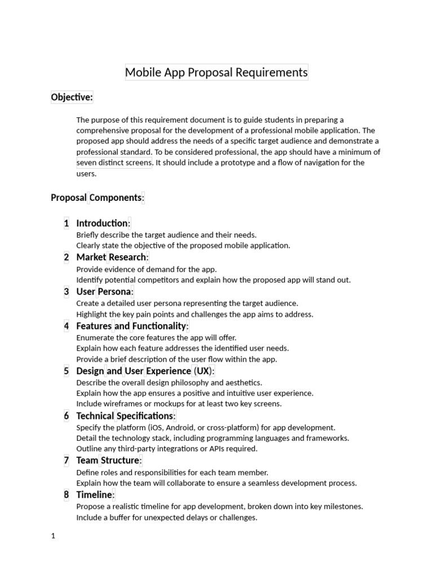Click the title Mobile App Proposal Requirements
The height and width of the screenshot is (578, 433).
pos(216,72)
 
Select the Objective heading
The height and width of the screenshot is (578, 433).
pos(72,97)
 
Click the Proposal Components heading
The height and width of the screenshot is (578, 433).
pos(98,198)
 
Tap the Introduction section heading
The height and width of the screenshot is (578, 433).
pos(103,223)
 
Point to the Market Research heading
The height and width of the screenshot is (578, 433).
pos(112,257)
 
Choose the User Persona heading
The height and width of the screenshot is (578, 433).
pos(105,291)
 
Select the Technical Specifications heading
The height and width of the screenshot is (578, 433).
pos(126,416)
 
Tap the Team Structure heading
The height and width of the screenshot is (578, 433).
pos(109,460)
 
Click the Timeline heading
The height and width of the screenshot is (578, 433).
pos(95,494)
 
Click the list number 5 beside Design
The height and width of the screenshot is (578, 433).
pos(67,371)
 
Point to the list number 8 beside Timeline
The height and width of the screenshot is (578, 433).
pos(67,494)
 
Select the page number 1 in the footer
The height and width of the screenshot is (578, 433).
pos(53,536)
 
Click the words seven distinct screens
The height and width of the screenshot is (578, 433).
pos(114,163)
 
